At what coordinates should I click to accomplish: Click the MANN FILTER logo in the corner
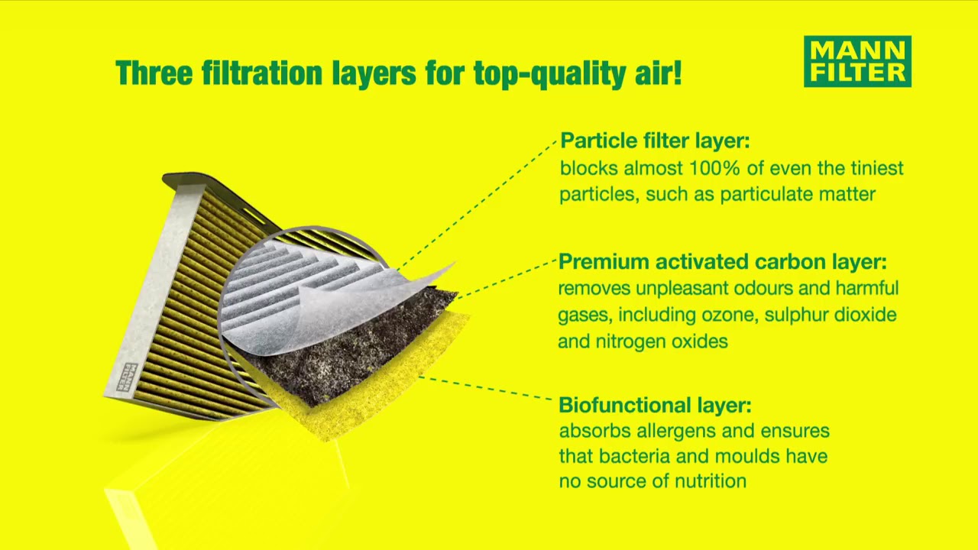[857, 62]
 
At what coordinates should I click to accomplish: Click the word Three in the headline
[154, 73]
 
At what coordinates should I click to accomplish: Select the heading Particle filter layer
[655, 141]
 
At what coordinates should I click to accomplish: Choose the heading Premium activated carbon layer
[723, 262]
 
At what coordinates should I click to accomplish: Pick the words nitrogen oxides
[662, 341]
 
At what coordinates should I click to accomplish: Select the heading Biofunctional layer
[656, 405]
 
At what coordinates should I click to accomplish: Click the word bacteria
[635, 456]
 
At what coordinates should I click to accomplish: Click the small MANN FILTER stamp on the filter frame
[129, 377]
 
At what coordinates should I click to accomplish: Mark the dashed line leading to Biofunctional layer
[485, 388]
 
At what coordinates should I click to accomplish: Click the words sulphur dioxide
[831, 315]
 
